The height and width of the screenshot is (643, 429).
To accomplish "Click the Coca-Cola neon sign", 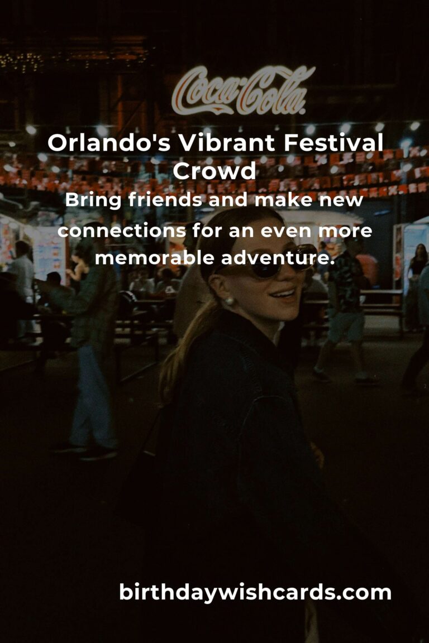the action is pyautogui.click(x=243, y=90).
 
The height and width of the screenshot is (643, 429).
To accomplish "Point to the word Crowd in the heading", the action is pyautogui.click(x=214, y=171).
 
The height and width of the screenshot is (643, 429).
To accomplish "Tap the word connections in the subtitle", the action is pyautogui.click(x=122, y=231).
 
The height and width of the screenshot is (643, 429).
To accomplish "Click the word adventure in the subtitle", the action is pyautogui.click(x=275, y=258).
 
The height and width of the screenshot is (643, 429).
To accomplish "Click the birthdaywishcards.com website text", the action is pyautogui.click(x=255, y=592).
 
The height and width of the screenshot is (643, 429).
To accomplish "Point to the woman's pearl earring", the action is pyautogui.click(x=229, y=301).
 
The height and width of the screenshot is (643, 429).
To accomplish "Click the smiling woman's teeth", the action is pyautogui.click(x=284, y=294).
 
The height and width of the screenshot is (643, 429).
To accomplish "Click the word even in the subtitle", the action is pyautogui.click(x=286, y=231).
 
